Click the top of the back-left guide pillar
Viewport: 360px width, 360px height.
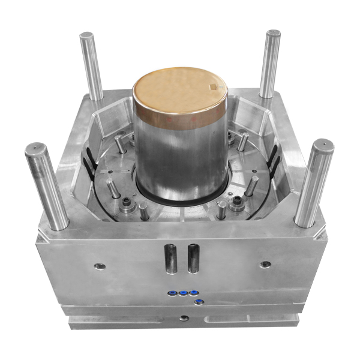coord(87,35)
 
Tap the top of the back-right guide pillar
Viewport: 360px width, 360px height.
coord(273,34)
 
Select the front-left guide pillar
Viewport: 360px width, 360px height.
coord(47,186)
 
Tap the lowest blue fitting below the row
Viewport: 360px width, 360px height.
coord(199,301)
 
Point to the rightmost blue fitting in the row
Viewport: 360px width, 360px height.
coord(193,293)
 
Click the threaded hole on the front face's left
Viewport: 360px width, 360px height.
coord(100,266)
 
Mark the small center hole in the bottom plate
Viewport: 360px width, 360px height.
coord(184,318)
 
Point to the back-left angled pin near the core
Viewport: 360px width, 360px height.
coord(121,143)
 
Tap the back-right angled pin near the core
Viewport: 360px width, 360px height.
coord(242,142)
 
